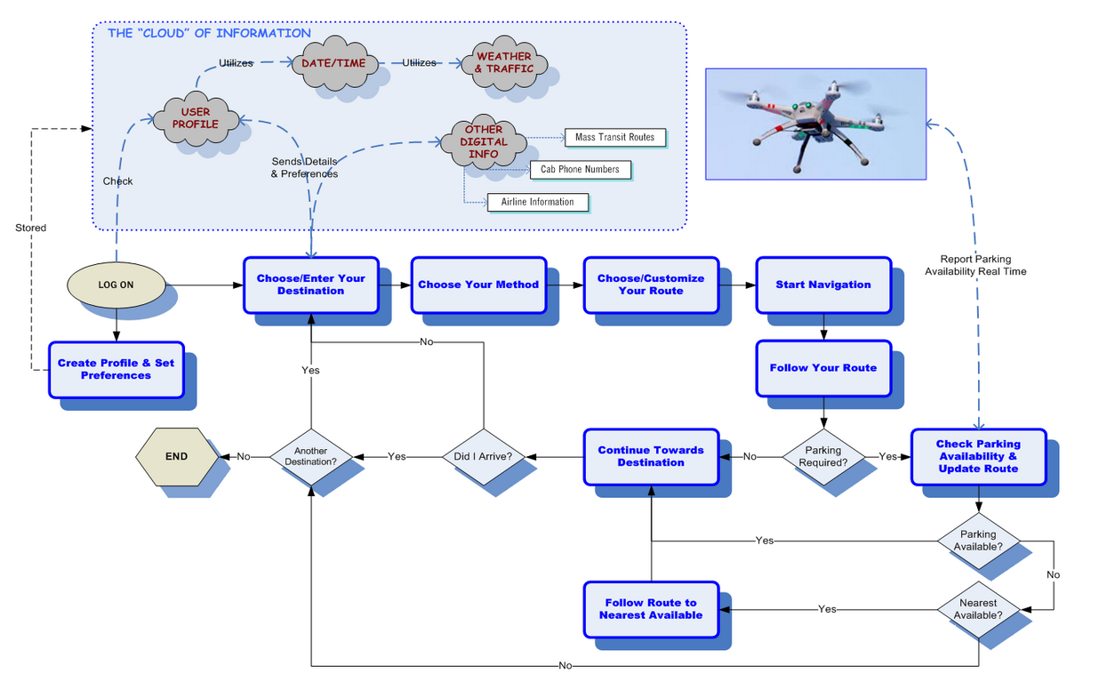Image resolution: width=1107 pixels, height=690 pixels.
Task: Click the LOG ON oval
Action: click(116, 285)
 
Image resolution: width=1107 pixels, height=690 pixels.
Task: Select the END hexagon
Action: click(176, 457)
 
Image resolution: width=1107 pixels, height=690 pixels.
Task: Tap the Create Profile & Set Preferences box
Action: click(116, 369)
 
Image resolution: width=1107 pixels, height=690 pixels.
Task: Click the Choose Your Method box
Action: click(478, 285)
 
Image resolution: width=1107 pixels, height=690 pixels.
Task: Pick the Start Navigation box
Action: click(822, 285)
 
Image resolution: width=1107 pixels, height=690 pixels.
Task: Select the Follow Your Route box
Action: click(822, 367)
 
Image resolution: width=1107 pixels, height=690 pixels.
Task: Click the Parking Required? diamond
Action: click(822, 456)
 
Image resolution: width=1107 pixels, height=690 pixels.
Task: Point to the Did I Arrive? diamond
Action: click(483, 456)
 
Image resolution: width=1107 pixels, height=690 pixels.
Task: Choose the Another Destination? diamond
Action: click(310, 456)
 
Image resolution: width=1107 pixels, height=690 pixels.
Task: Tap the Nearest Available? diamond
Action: click(978, 609)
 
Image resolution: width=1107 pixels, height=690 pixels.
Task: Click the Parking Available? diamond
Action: click(978, 541)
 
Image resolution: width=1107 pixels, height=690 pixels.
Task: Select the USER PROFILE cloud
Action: click(196, 118)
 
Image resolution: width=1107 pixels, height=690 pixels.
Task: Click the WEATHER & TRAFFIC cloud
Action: click(503, 63)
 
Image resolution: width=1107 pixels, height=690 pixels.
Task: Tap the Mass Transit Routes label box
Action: click(614, 138)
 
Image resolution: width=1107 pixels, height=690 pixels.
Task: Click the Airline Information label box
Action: click(537, 202)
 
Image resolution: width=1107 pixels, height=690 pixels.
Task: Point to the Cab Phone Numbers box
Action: click(580, 169)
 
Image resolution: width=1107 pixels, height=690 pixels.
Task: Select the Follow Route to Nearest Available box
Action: click(651, 609)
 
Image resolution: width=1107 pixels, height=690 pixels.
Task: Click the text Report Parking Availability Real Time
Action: click(975, 265)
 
